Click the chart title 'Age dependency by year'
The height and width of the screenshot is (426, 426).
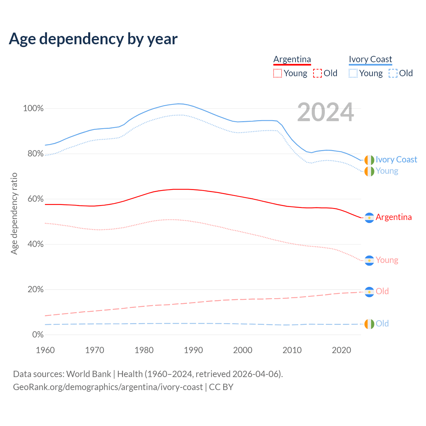93,39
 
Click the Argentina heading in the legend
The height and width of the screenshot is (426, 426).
292,59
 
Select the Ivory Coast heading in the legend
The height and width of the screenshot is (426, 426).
370,59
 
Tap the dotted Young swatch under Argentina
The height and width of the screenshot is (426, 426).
278,73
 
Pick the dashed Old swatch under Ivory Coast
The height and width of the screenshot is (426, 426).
393,73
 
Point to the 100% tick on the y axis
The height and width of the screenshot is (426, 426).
33,108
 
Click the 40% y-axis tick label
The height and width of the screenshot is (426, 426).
35,244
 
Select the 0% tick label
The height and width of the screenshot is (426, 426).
38,335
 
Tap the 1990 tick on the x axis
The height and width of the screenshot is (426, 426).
193,350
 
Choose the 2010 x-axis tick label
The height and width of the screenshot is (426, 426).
292,350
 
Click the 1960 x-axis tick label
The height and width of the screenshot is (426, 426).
45,350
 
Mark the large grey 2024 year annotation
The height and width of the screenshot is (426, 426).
325,112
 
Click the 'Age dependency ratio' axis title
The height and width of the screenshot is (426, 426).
14,213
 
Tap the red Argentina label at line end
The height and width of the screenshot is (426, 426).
394,217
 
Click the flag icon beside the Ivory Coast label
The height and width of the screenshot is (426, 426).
369,160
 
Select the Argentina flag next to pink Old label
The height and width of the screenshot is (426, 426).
369,292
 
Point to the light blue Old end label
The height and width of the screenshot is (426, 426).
382,323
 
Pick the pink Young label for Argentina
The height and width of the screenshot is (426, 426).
387,260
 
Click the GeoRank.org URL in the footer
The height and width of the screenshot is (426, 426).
108,387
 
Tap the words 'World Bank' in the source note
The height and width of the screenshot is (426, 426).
89,374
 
